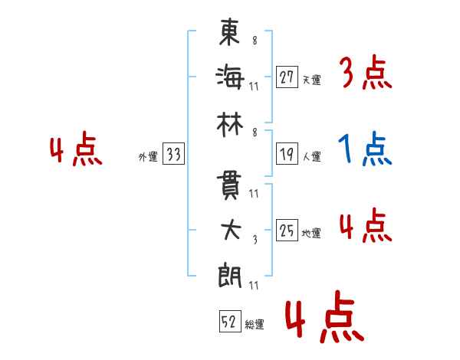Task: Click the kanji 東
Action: pos(230,32)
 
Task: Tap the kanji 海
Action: pos(230,77)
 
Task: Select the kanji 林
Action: pos(230,125)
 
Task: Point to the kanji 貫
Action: pos(228,185)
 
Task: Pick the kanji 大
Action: pos(231,230)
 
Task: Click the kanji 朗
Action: pos(229,276)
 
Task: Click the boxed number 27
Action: pos(287,77)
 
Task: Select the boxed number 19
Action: pos(287,154)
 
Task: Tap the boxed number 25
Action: pos(287,230)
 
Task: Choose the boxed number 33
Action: pos(173,154)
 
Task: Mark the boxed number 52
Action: pos(230,321)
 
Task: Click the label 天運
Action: pos(311,80)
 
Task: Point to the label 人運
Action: pos(312,156)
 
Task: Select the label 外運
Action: pos(148,156)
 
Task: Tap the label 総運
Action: pos(255,324)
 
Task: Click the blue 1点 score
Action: pos(365,149)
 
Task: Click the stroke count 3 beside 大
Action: pos(255,240)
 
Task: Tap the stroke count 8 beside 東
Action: pos(255,40)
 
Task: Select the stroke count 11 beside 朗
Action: pos(254,285)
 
